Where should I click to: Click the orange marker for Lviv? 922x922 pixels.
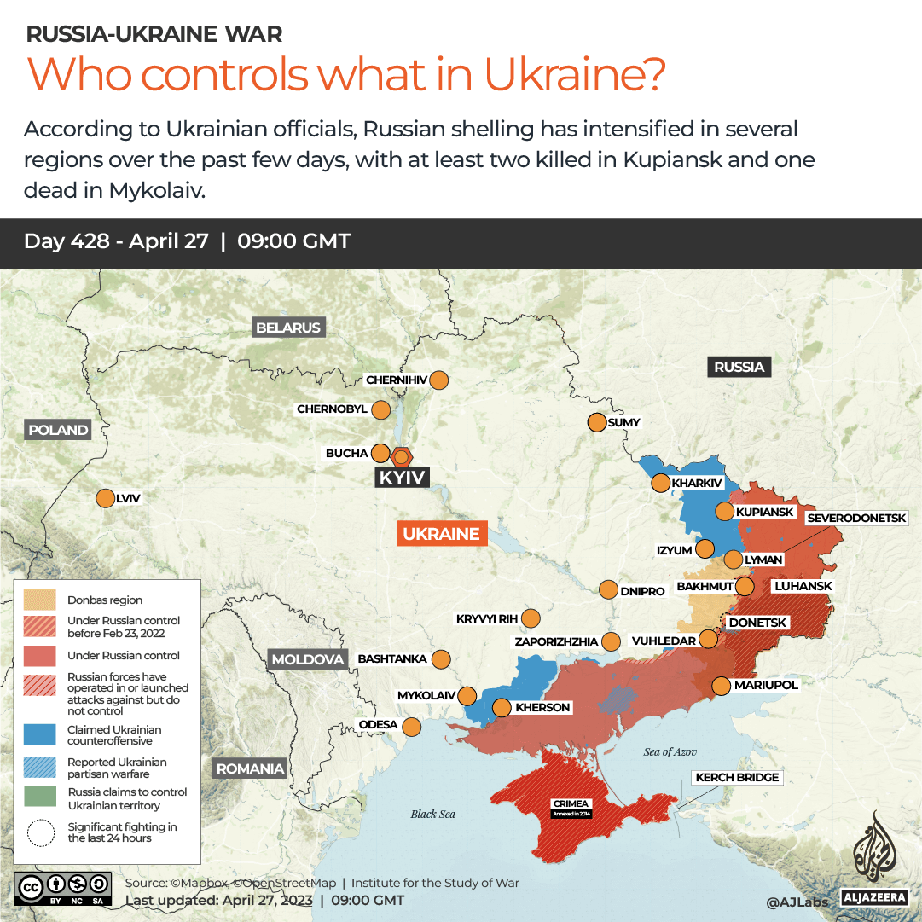click(x=106, y=499)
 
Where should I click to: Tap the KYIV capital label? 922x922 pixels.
click(x=402, y=478)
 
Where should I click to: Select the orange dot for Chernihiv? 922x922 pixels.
click(x=439, y=380)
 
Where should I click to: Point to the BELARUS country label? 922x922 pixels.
click(x=288, y=328)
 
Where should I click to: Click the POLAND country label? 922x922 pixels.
click(x=58, y=430)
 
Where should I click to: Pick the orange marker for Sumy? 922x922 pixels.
click(x=597, y=422)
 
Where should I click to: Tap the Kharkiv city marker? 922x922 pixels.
click(x=660, y=484)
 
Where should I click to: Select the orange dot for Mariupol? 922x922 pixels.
click(x=721, y=685)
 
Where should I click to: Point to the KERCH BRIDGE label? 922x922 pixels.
click(x=737, y=777)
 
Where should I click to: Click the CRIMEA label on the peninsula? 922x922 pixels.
click(x=571, y=804)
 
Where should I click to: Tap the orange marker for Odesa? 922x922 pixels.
click(x=411, y=727)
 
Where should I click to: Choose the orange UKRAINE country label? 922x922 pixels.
click(x=442, y=534)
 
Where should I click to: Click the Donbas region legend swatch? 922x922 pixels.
click(x=40, y=600)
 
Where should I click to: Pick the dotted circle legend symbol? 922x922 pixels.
click(x=40, y=832)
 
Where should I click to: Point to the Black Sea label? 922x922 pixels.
click(x=433, y=814)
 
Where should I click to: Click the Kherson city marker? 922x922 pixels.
click(x=502, y=707)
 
